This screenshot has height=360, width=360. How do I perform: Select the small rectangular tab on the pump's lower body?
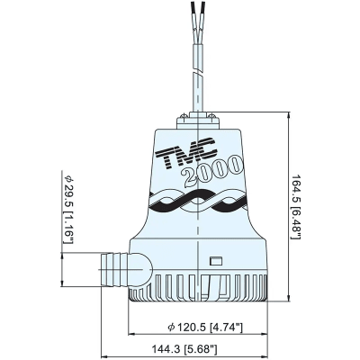point(216,263)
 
